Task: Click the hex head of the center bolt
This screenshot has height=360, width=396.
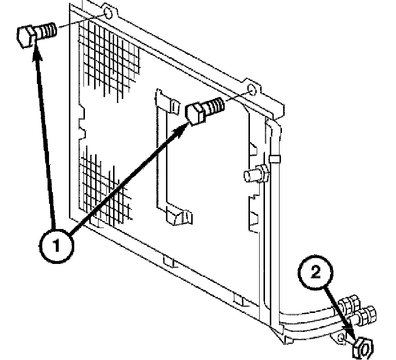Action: coord(196,114)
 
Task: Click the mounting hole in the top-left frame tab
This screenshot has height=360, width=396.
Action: coord(108,15)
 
